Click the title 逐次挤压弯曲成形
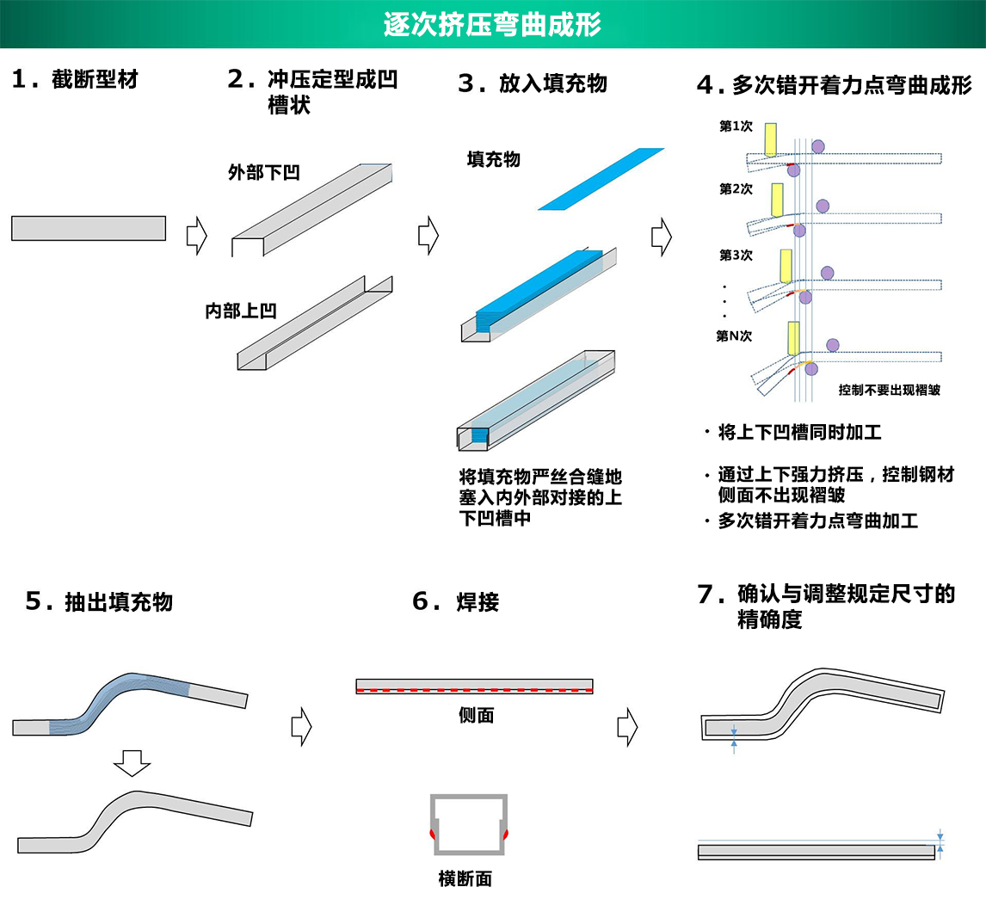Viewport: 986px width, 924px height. pos(492,24)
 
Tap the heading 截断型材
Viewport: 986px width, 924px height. pos(94,80)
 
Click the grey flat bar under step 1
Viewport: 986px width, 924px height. pos(88,228)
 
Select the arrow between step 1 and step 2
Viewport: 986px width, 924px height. pos(197,235)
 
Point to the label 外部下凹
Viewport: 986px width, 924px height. pos(263,172)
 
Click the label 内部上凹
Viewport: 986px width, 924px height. pos(241,311)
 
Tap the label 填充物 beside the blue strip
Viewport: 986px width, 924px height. pos(493,159)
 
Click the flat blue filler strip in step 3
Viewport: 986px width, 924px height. pos(601,179)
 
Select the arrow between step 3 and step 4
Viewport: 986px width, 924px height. pos(661,236)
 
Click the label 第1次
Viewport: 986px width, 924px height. pos(736,126)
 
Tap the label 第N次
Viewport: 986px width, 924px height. pos(734,336)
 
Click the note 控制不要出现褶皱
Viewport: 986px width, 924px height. pos(889,390)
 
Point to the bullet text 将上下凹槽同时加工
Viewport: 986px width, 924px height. pos(799,432)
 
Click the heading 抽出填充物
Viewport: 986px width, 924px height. pos(119,602)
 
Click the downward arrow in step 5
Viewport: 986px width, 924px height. pos(132,762)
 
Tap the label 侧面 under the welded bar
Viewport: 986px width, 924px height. pos(476,715)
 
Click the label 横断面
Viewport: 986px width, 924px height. pos(465,878)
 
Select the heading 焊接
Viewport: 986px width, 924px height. pos(478,602)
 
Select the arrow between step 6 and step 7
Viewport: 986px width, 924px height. pos(627,727)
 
